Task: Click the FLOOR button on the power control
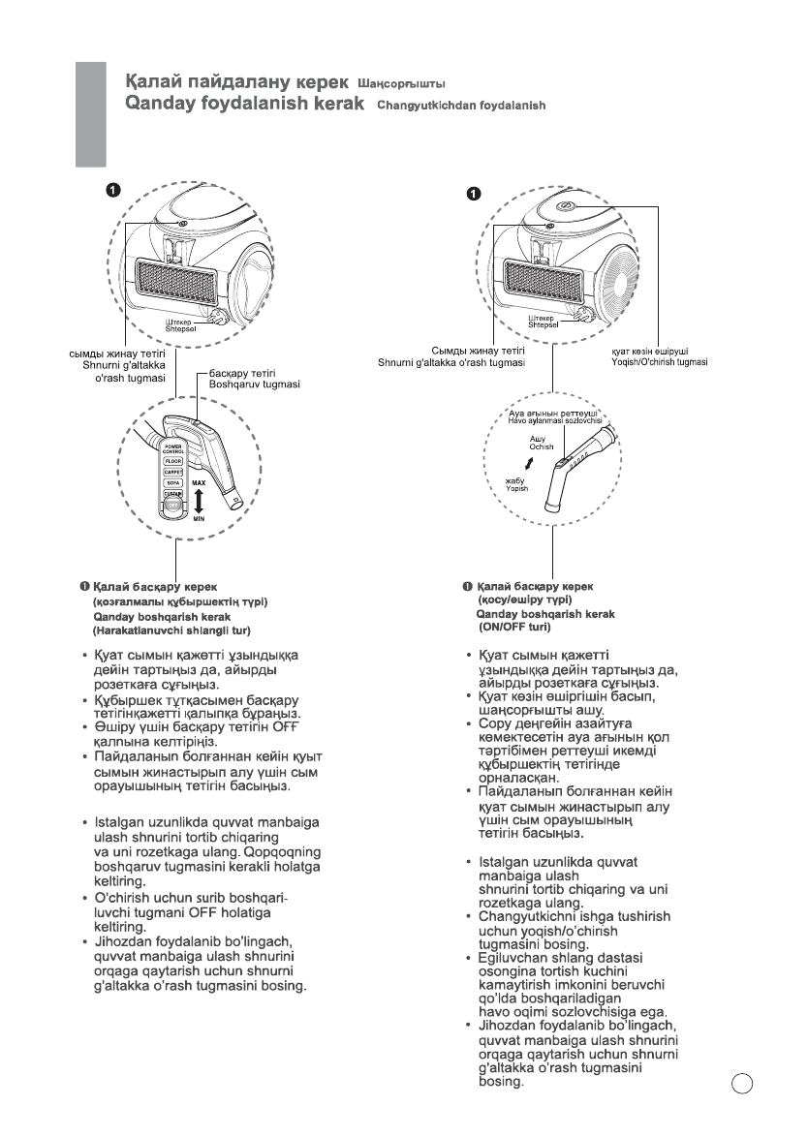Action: pos(173,461)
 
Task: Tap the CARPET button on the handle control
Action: pos(173,475)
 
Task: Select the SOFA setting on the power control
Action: pos(173,488)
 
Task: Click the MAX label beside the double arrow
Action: pos(200,482)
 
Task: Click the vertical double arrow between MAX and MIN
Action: pos(199,501)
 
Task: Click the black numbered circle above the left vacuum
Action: pos(112,191)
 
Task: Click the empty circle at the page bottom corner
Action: pos(743,1081)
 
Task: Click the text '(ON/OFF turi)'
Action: pos(516,627)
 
